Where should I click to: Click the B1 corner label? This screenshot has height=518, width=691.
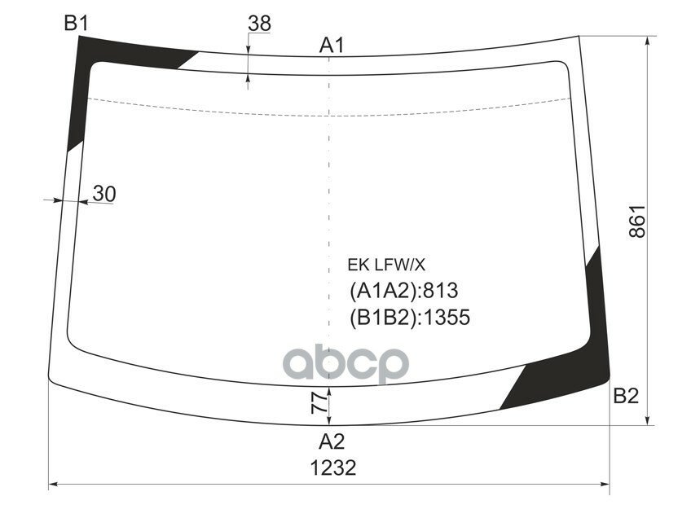[76, 24]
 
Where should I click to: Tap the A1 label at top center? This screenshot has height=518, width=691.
[331, 46]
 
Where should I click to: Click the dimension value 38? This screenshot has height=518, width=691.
[259, 24]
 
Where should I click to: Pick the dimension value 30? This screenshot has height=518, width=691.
[103, 193]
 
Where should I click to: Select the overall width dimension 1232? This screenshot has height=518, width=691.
[333, 468]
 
